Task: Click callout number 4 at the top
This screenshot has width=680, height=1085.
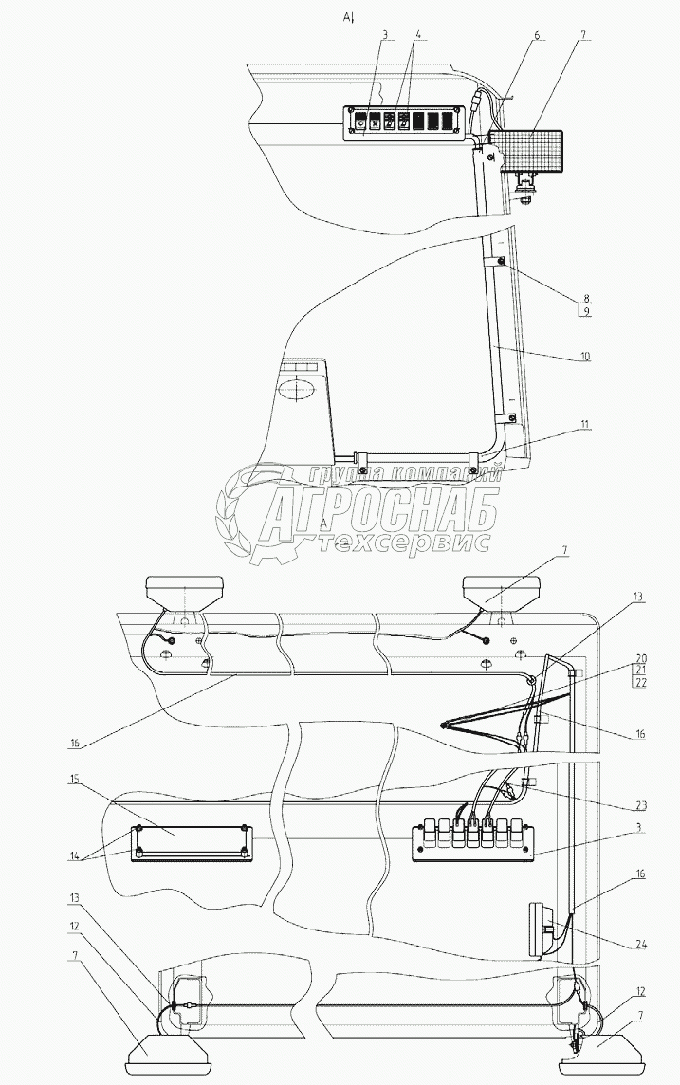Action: point(418,35)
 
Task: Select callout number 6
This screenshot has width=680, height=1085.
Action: point(536,35)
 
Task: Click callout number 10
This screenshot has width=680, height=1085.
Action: point(587,357)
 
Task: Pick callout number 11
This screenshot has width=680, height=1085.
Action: point(587,424)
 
